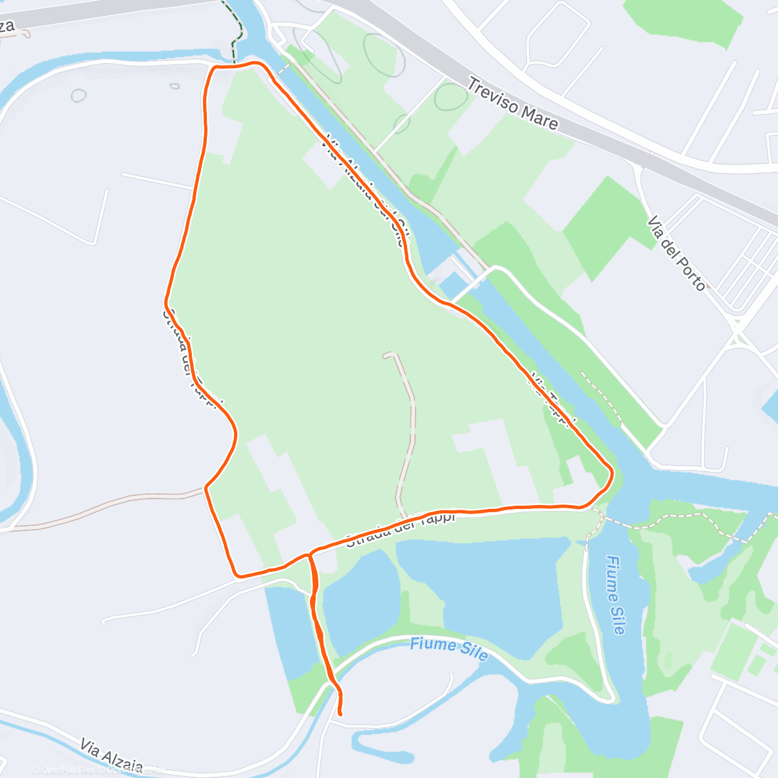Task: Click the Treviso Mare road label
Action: tap(512, 104)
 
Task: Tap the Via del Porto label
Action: tap(676, 253)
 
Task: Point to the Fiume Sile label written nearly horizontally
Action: tap(449, 649)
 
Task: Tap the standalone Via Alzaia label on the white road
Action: tap(112, 756)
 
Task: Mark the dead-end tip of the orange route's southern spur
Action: tap(340, 714)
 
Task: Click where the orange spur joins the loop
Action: tap(310, 555)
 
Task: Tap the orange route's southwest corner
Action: tap(237, 574)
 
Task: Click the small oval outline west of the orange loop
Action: tap(78, 96)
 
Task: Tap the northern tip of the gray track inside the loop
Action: tap(387, 355)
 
